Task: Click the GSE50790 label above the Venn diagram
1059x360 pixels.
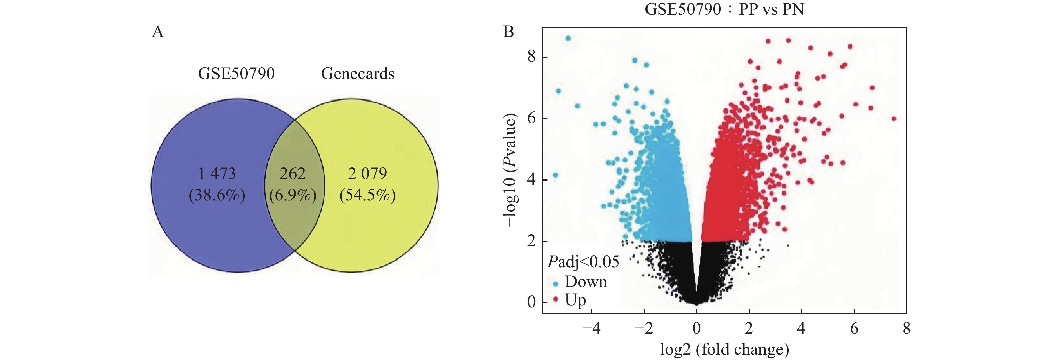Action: (236, 74)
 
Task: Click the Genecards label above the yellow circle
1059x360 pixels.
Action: (358, 74)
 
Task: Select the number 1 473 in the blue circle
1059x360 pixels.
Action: (217, 174)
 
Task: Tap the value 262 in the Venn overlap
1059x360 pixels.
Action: (293, 174)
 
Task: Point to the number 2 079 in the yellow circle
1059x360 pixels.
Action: (367, 174)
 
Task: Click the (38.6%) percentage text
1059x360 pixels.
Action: (217, 195)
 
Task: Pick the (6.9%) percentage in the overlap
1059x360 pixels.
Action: (293, 195)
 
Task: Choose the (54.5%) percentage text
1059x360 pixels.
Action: (367, 195)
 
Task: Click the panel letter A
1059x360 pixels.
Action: (158, 32)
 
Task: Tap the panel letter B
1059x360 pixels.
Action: (509, 32)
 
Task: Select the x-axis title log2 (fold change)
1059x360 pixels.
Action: (724, 349)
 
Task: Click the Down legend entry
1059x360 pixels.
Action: (585, 282)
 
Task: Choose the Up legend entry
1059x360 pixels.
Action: (575, 301)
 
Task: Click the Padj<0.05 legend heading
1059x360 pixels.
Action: (583, 262)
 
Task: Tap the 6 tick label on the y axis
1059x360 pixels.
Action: (532, 118)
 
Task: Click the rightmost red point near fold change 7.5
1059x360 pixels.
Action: (894, 119)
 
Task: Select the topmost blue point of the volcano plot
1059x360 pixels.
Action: (568, 38)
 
